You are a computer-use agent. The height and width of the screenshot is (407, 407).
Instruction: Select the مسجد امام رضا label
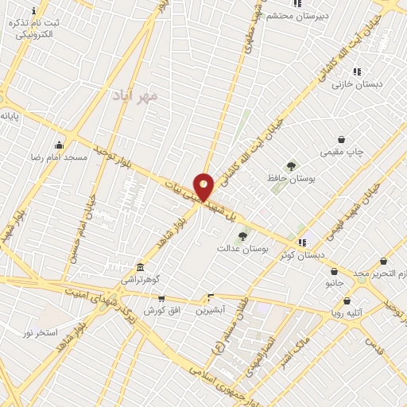point(59,157)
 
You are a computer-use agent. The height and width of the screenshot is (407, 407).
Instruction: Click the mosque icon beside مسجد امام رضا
point(59,145)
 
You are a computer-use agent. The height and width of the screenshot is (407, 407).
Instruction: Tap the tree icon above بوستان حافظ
point(291,166)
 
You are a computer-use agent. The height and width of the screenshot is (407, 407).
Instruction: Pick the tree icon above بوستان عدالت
point(242,236)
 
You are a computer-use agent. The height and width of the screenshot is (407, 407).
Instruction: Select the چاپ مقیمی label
point(340,151)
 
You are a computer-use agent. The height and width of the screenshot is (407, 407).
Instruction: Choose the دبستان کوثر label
point(300,254)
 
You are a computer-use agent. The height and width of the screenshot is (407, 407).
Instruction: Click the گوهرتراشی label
point(141,280)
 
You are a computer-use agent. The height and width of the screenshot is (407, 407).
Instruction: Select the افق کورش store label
point(159,310)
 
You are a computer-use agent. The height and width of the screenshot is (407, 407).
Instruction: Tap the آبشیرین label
point(211,309)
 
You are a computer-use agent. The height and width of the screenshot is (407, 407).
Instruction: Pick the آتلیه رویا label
point(347,313)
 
